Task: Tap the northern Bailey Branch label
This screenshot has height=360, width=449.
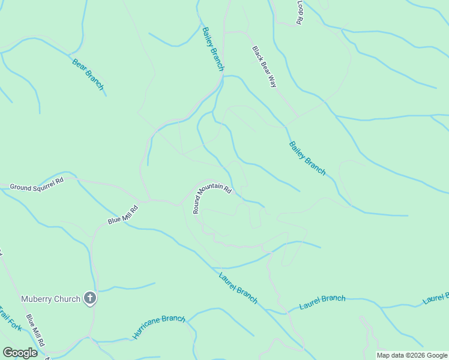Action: (x=212, y=49)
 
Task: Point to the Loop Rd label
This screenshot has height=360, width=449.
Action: (x=300, y=12)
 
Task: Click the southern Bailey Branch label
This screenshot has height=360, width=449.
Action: (x=307, y=158)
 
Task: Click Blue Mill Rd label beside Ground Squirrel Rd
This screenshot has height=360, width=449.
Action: (x=123, y=214)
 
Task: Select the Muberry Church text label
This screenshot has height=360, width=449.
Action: (x=51, y=299)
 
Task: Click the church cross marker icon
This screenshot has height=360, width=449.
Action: (x=90, y=298)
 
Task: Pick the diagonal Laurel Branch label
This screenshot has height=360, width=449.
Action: (x=238, y=288)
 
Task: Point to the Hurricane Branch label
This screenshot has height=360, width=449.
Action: (x=159, y=326)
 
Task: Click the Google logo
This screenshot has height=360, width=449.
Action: (x=20, y=353)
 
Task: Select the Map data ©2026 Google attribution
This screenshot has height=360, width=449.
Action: (x=412, y=355)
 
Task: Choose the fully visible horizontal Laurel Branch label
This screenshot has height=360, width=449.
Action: (x=323, y=302)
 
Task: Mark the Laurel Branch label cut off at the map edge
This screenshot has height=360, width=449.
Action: (x=436, y=299)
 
